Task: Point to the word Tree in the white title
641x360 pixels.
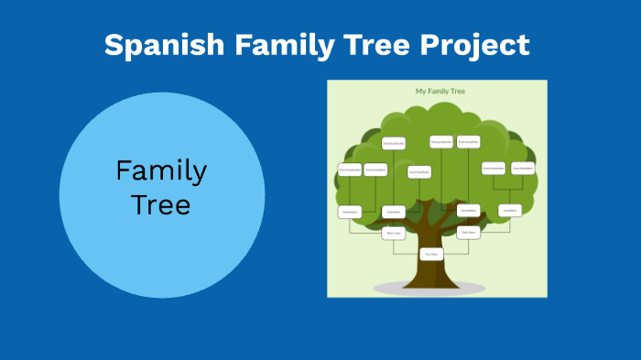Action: pos(371,45)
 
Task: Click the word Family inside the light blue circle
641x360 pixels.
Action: pos(161,171)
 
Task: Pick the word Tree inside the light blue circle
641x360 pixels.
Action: pos(161,204)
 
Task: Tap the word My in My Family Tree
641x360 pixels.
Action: pos(421,92)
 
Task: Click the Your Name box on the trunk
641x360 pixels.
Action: pos(431,254)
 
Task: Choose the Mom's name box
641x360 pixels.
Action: pos(394,233)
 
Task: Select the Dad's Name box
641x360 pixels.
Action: pos(469,233)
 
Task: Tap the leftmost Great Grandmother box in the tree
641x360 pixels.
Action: pos(350,169)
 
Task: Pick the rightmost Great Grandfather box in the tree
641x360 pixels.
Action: pos(523,168)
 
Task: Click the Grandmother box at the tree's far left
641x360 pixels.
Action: pos(349,212)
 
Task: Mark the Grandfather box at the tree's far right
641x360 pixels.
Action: pos(511,211)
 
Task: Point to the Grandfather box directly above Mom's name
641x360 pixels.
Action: pos(394,212)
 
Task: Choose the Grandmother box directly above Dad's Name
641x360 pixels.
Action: pos(469,211)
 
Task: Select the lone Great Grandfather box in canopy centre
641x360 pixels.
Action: pos(418,171)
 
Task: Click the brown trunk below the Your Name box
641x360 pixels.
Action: pos(431,277)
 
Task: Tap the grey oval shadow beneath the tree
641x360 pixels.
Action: pos(385,289)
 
